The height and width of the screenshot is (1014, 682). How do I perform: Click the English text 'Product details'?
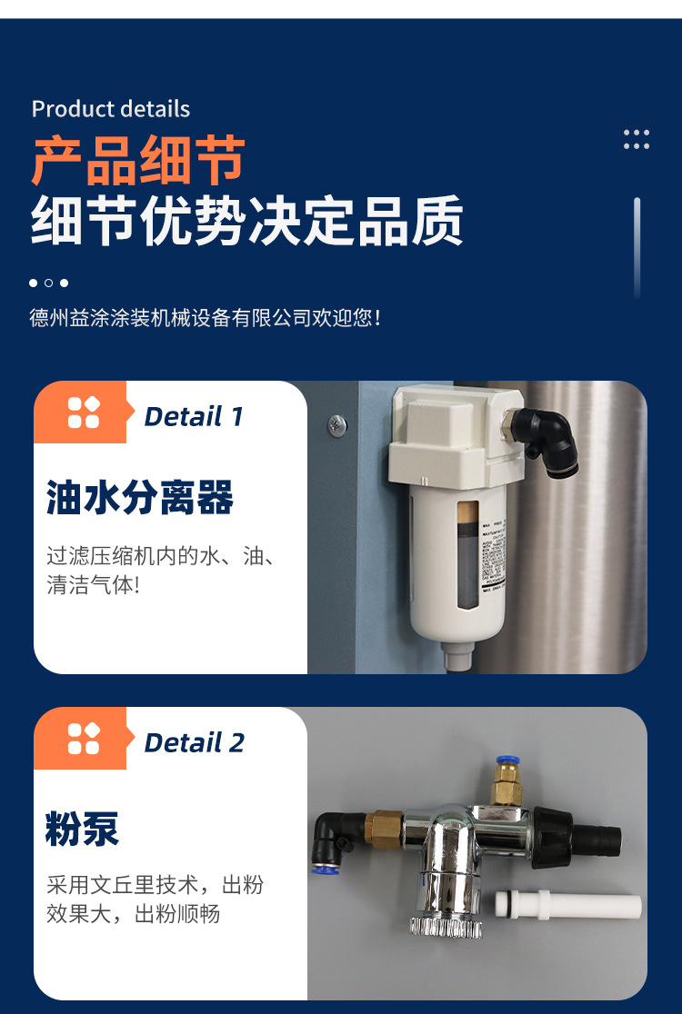tap(111, 109)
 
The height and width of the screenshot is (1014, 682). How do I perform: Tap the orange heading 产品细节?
tap(138, 162)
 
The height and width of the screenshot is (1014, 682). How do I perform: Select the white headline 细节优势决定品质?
tap(247, 221)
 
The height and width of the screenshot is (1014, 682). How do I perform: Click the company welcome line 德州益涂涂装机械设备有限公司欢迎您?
tap(205, 318)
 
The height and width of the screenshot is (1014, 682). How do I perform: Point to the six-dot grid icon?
tap(637, 139)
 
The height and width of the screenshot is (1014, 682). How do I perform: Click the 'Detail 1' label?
tap(194, 417)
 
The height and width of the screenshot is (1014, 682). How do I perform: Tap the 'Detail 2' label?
tap(194, 742)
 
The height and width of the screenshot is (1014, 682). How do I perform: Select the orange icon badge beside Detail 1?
tap(83, 413)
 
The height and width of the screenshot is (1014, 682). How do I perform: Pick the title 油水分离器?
tap(140, 498)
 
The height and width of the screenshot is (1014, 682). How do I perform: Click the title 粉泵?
tap(82, 829)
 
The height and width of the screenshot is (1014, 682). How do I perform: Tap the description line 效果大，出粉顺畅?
tap(133, 914)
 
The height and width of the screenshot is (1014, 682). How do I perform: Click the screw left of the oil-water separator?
tap(337, 422)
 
